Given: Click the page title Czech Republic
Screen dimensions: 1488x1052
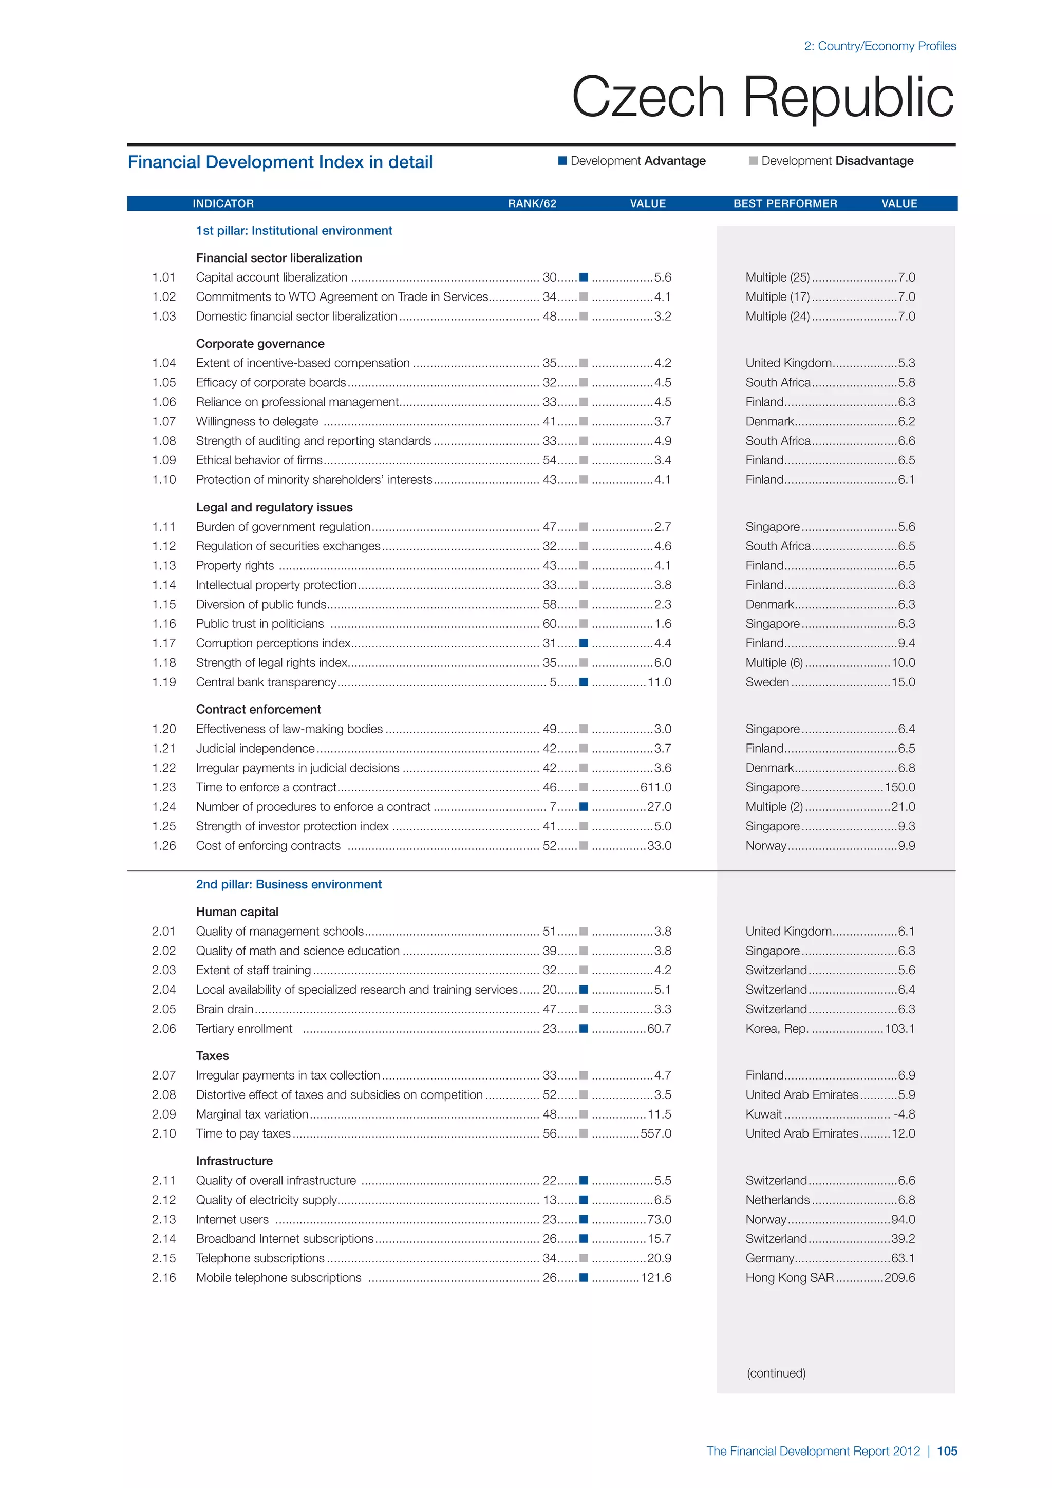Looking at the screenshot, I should click(x=762, y=97).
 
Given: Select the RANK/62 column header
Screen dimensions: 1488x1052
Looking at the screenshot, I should click(x=532, y=203).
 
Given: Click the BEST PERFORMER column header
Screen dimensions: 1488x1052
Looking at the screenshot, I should click(x=785, y=203).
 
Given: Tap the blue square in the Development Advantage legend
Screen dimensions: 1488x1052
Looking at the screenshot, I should click(x=563, y=161).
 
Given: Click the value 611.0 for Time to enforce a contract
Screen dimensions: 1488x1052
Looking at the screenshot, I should click(x=655, y=788).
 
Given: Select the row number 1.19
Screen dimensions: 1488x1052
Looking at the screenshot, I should click(x=164, y=682).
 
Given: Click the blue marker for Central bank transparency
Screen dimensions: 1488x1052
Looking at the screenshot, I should click(x=584, y=682).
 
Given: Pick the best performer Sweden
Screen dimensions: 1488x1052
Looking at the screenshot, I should click(x=767, y=682).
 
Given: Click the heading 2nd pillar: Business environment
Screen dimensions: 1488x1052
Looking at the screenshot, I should click(x=289, y=885).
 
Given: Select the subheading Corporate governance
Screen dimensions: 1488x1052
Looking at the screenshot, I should click(x=260, y=344).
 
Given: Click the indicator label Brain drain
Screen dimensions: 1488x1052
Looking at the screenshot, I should click(x=224, y=1009).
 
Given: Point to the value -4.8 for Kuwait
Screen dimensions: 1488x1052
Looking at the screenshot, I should click(x=904, y=1114).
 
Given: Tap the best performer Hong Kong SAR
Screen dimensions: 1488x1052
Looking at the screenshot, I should click(x=790, y=1277).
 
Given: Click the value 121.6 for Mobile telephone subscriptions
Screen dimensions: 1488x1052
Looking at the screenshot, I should click(x=655, y=1277).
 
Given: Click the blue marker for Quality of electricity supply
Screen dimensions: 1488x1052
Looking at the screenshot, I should click(x=584, y=1200).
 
